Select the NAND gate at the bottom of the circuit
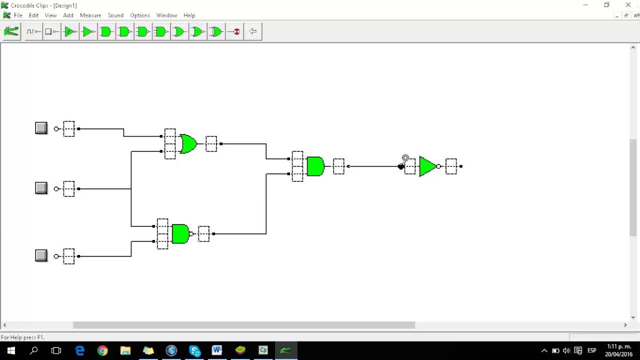(x=180, y=233)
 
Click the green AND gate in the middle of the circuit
(x=315, y=166)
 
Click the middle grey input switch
(x=41, y=188)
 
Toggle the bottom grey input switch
(x=41, y=255)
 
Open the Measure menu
(x=90, y=15)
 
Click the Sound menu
(x=115, y=15)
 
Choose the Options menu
(x=140, y=15)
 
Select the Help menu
(x=189, y=15)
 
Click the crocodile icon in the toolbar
(x=11, y=31)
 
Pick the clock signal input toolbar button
(x=33, y=31)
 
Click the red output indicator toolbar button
(x=234, y=31)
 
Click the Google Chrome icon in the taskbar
(x=102, y=350)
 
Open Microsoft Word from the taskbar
(x=216, y=350)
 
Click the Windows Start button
(x=11, y=350)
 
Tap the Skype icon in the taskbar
(x=194, y=350)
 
